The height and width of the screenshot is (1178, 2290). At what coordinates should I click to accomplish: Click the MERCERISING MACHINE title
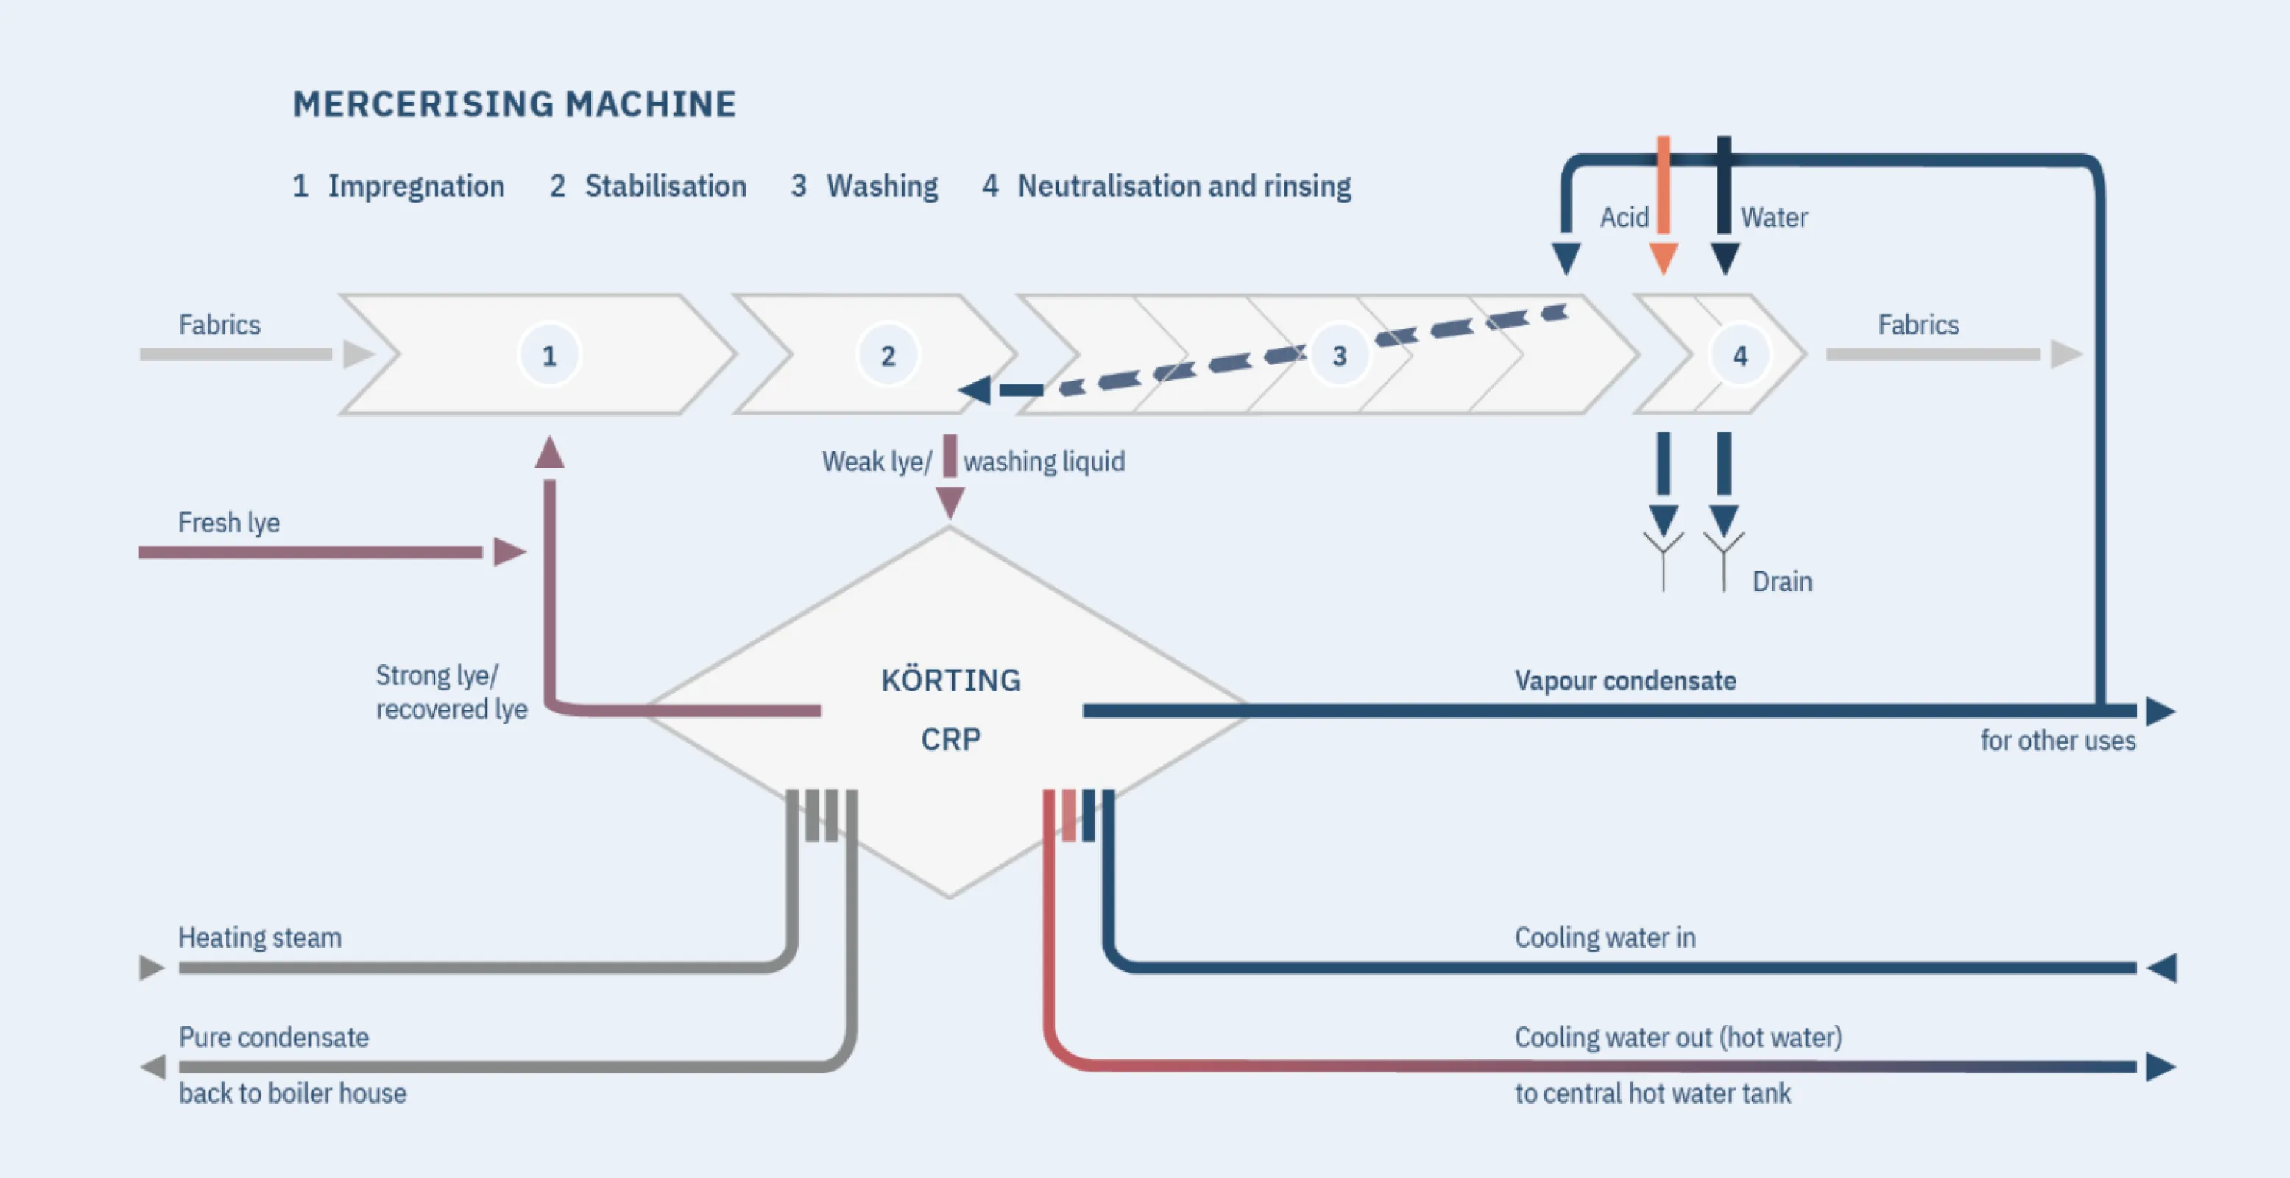click(514, 104)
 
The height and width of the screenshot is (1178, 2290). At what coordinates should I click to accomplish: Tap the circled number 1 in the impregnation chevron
click(549, 356)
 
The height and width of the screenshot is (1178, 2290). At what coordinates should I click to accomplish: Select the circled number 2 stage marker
click(887, 356)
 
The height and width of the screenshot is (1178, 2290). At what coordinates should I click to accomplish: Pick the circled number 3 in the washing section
click(1339, 356)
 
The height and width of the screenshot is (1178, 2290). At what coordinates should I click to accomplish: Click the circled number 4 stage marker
click(1739, 356)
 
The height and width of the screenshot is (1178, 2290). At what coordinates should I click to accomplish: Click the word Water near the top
click(1773, 218)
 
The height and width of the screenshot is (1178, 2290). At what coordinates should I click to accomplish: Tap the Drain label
click(1781, 582)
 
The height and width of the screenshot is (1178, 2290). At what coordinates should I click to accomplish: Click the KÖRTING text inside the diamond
click(950, 681)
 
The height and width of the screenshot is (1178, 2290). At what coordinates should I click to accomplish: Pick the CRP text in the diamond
click(950, 738)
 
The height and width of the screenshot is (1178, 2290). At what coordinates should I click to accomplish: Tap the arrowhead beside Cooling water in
click(2161, 967)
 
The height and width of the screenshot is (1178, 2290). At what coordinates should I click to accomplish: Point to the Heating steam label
click(260, 938)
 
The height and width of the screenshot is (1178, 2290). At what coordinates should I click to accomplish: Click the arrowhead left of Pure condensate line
click(153, 1067)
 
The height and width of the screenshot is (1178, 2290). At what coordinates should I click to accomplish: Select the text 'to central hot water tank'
click(1652, 1093)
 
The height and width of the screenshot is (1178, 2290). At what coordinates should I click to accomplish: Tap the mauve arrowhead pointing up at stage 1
click(549, 453)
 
